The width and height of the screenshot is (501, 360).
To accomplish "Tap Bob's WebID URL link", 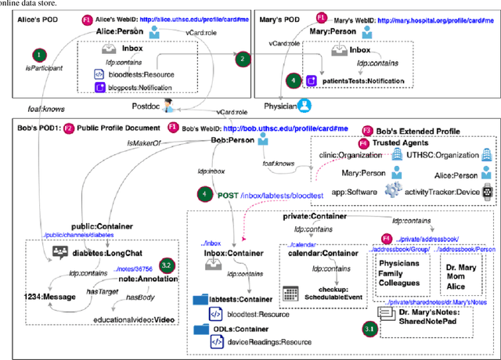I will (x=279, y=128).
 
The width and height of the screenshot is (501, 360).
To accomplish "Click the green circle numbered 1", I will (x=37, y=55).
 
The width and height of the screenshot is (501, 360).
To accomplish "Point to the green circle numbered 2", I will (x=243, y=59).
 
